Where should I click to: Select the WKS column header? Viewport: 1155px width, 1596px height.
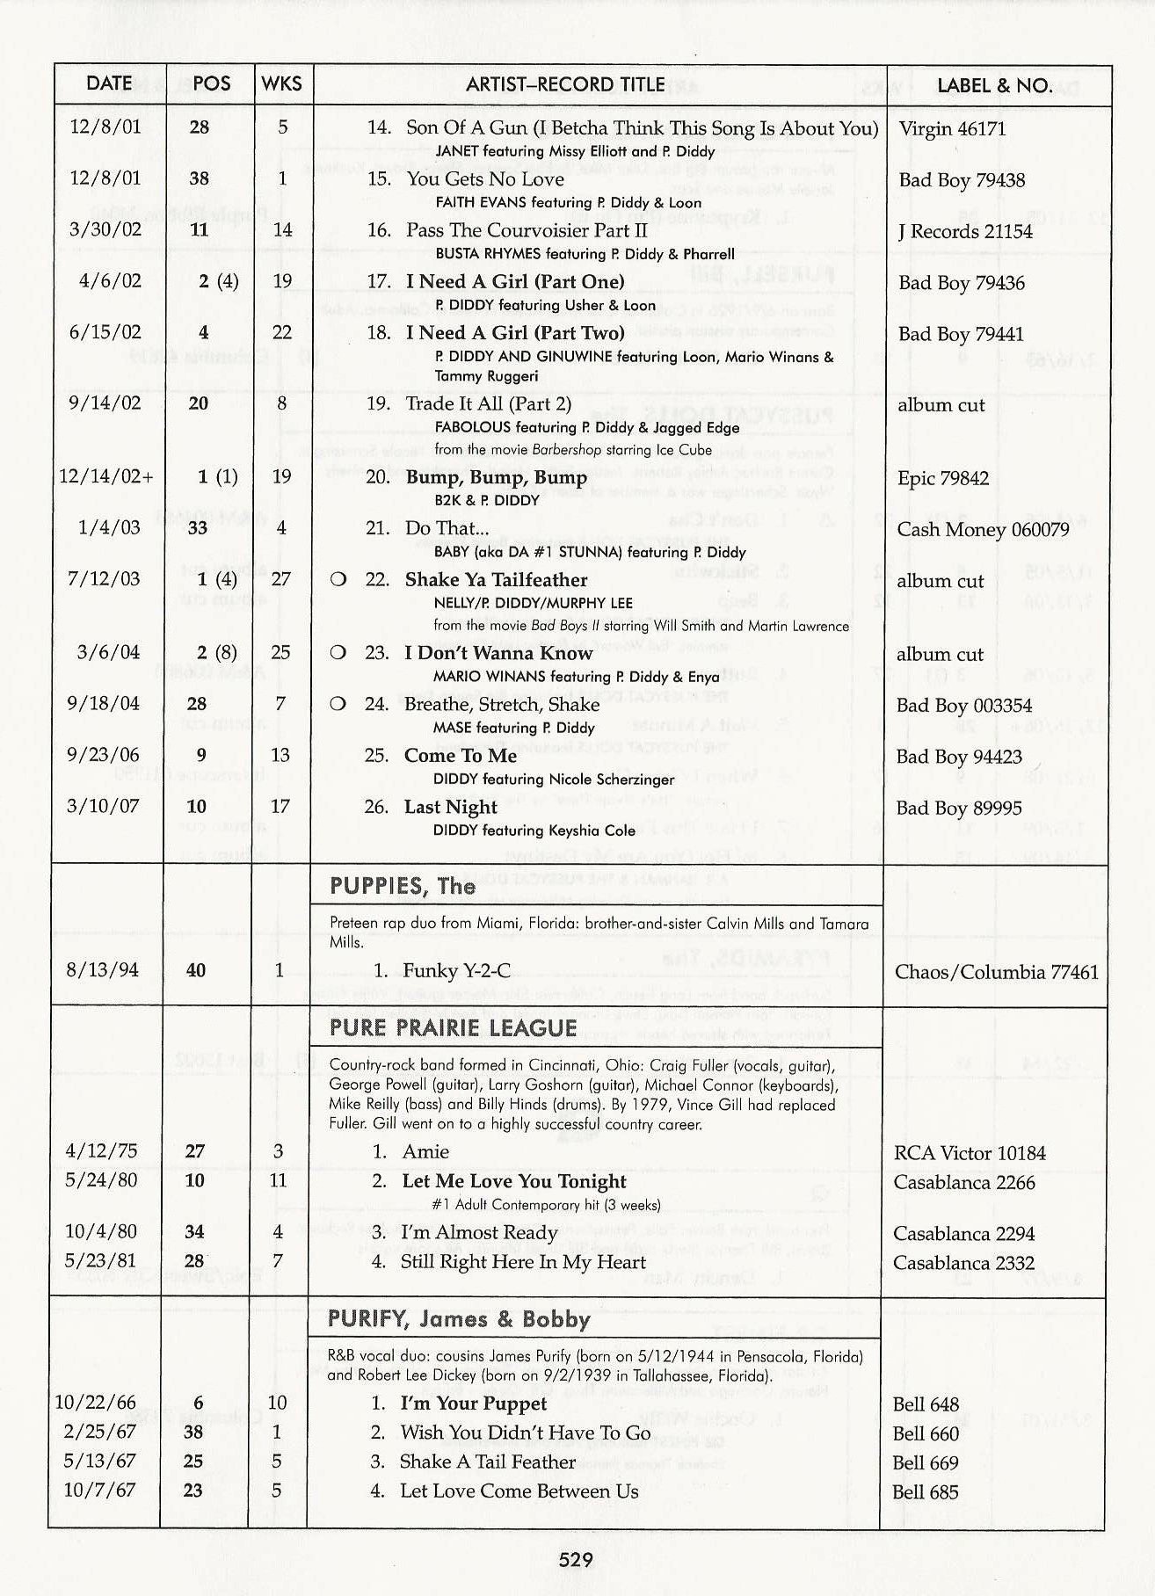tap(281, 84)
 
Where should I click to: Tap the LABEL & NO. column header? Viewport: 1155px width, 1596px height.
tap(994, 85)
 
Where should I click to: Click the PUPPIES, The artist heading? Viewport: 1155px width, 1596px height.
tap(403, 886)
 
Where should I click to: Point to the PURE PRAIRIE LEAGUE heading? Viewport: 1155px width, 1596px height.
tap(454, 1028)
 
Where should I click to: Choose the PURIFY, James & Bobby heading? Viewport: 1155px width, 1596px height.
tap(459, 1319)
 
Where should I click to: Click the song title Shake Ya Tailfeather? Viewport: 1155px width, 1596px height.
tap(496, 580)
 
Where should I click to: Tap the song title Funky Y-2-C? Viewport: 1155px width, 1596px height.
tap(456, 971)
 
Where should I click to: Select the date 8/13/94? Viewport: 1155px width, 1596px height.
tap(102, 970)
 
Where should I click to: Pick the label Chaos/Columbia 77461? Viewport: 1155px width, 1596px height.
tap(996, 972)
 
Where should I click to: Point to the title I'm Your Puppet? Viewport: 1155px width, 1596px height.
tap(473, 1404)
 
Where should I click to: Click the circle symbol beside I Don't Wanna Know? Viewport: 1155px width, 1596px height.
tap(338, 653)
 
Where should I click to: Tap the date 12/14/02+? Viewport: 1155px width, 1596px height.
tap(106, 477)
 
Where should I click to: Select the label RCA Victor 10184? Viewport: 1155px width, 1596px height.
tap(970, 1153)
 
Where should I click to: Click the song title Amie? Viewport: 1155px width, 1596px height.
tap(425, 1151)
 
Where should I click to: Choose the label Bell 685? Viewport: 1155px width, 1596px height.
tap(925, 1491)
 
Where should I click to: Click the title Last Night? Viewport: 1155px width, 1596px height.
tap(450, 807)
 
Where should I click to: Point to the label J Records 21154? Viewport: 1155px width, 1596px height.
tap(964, 231)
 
